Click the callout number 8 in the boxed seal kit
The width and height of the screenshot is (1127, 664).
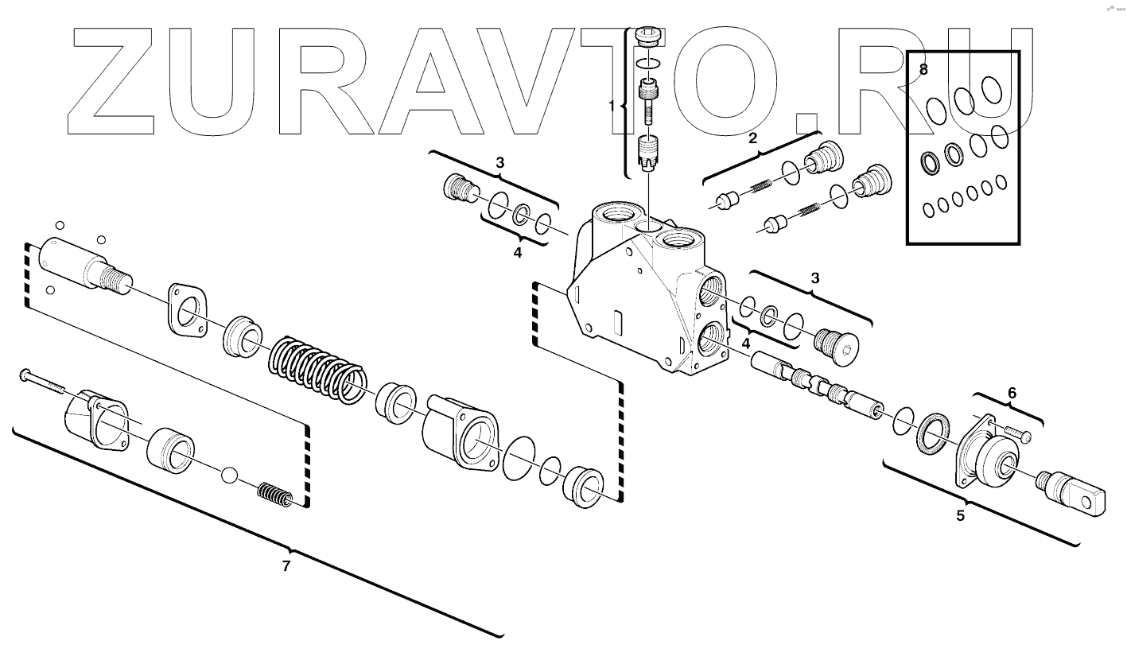(923, 69)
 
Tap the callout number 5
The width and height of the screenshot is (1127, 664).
(960, 515)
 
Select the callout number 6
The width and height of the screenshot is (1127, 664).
(1012, 392)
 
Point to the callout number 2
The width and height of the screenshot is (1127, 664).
(752, 137)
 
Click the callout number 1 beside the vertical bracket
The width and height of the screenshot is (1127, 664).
(612, 106)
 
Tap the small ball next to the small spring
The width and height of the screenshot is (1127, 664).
(230, 475)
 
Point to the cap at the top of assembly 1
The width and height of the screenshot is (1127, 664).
(650, 37)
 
